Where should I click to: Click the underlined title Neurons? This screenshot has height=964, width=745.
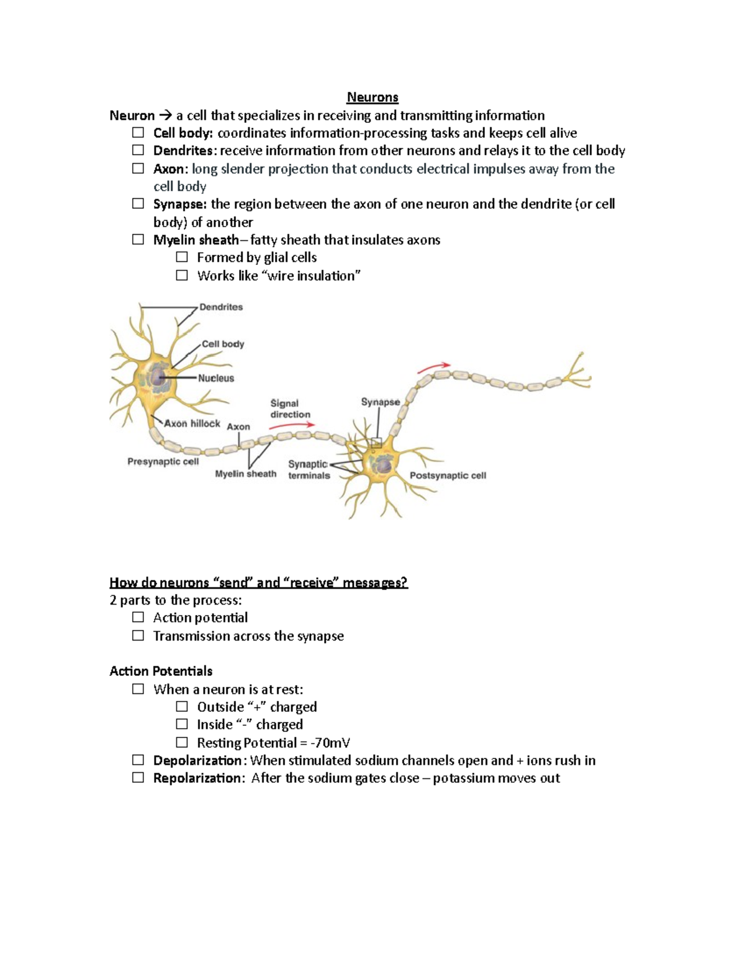click(x=372, y=97)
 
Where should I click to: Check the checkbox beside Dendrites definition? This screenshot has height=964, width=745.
click(x=138, y=150)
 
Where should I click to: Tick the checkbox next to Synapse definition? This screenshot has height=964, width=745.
click(x=138, y=204)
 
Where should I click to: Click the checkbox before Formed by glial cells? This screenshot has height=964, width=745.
click(x=181, y=257)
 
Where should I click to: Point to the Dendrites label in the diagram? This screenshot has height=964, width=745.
click(x=221, y=307)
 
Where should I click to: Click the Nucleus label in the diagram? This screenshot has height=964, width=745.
click(x=216, y=378)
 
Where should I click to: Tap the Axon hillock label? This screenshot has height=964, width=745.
click(x=192, y=423)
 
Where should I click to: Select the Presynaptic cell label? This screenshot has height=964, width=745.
click(x=163, y=462)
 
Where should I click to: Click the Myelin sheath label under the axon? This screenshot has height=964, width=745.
click(x=245, y=474)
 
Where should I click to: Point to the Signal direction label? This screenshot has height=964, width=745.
click(x=290, y=409)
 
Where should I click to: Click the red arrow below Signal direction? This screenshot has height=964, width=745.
click(x=292, y=426)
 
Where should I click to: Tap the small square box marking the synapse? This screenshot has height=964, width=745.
click(x=376, y=443)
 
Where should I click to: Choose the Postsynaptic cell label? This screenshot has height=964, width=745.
click(x=448, y=475)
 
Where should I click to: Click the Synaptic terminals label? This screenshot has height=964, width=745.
click(x=309, y=470)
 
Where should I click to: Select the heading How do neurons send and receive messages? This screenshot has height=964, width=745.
click(x=258, y=582)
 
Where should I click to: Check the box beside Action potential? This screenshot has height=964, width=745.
click(x=138, y=618)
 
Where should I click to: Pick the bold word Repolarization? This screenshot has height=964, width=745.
click(x=198, y=778)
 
